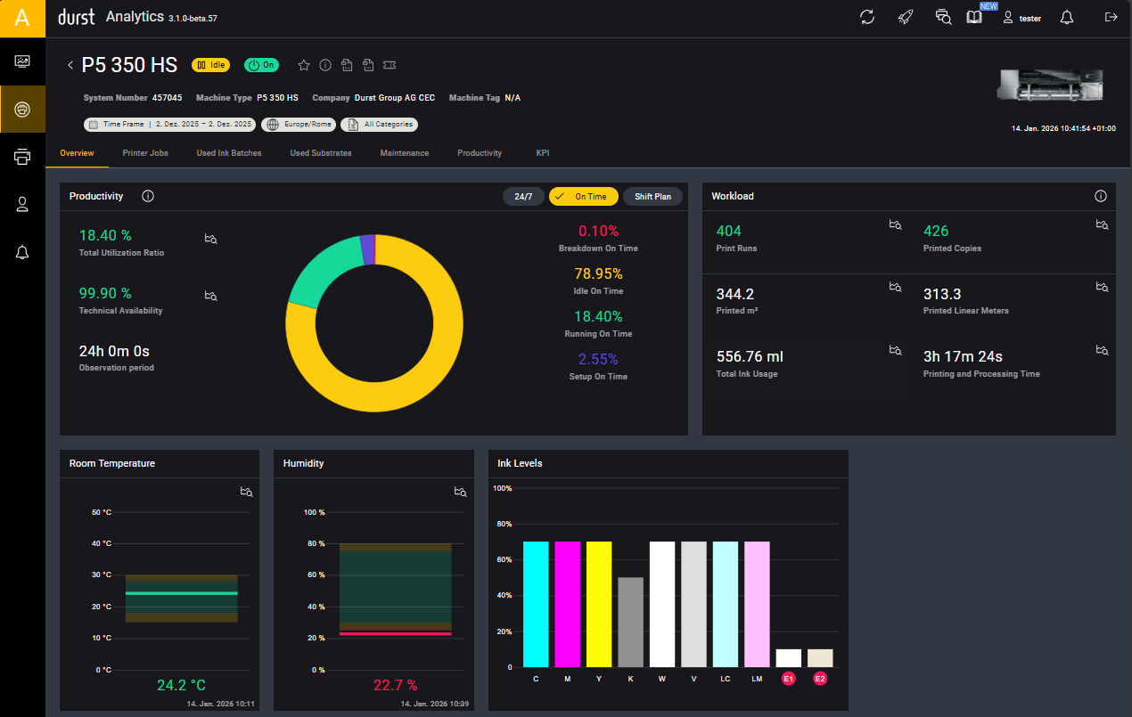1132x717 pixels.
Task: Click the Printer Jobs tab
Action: (x=145, y=153)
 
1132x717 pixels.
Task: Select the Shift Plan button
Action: (x=652, y=197)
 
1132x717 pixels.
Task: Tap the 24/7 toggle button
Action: (x=523, y=197)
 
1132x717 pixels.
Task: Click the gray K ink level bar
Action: (x=631, y=622)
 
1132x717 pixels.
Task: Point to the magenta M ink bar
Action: (x=567, y=604)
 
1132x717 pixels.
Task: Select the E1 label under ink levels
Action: (x=788, y=679)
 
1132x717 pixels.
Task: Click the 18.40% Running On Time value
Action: (x=598, y=316)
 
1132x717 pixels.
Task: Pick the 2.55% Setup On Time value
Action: (x=598, y=359)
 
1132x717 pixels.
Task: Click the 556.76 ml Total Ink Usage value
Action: (x=750, y=357)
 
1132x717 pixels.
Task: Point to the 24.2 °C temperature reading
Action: (x=181, y=686)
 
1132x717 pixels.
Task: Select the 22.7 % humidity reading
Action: (x=395, y=686)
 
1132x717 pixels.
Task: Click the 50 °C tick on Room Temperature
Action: (x=101, y=512)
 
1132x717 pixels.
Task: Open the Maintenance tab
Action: (x=404, y=153)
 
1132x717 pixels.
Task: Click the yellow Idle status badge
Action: (x=211, y=65)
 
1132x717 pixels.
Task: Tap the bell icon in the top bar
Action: (x=1066, y=18)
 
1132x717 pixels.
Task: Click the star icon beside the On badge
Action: (x=303, y=65)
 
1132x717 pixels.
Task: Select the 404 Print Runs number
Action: (x=728, y=232)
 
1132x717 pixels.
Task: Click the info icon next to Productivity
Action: (x=148, y=196)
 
